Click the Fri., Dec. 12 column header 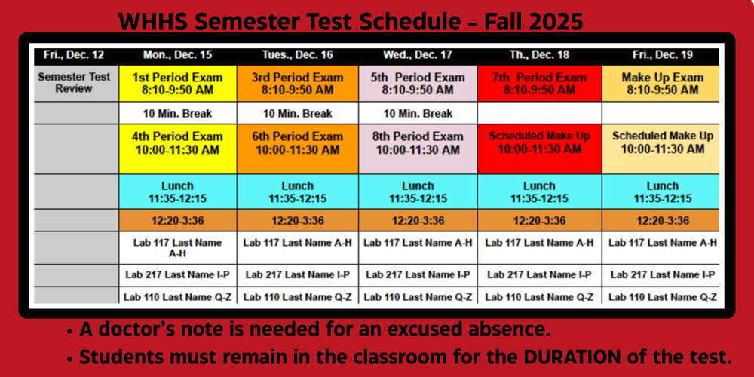74,55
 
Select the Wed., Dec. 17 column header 418,55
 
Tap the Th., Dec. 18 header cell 540,55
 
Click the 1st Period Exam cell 177,84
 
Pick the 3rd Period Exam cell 297,84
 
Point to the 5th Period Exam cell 418,84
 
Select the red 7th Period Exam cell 539,84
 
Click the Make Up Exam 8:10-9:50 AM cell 663,84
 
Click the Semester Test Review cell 74,83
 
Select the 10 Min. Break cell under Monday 177,114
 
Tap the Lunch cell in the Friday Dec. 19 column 663,192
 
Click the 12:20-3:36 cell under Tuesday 297,221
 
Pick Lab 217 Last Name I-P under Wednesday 418,275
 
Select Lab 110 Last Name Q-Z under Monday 177,297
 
